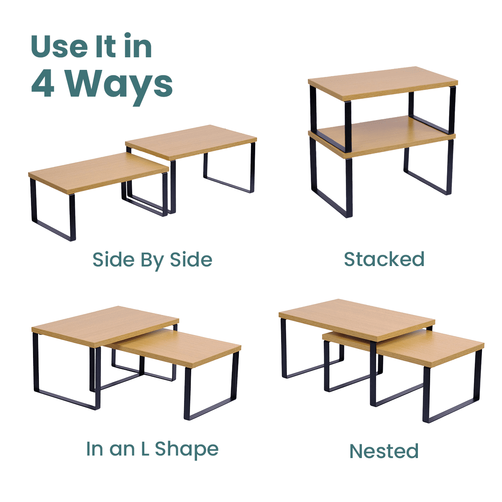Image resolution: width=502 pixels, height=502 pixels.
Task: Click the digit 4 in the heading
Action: [43, 83]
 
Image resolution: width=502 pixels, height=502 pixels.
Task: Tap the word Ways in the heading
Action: [118, 87]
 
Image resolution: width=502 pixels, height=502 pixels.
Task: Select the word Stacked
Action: [384, 259]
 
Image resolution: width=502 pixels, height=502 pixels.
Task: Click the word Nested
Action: [384, 451]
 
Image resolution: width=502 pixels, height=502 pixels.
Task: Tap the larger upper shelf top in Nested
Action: [356, 319]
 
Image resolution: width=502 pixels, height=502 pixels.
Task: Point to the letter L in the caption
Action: [145, 448]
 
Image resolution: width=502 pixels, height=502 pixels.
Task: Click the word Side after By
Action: [191, 259]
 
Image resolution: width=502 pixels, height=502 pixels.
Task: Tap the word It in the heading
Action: [106, 46]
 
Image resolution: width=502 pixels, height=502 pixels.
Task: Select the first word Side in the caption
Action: [114, 259]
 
